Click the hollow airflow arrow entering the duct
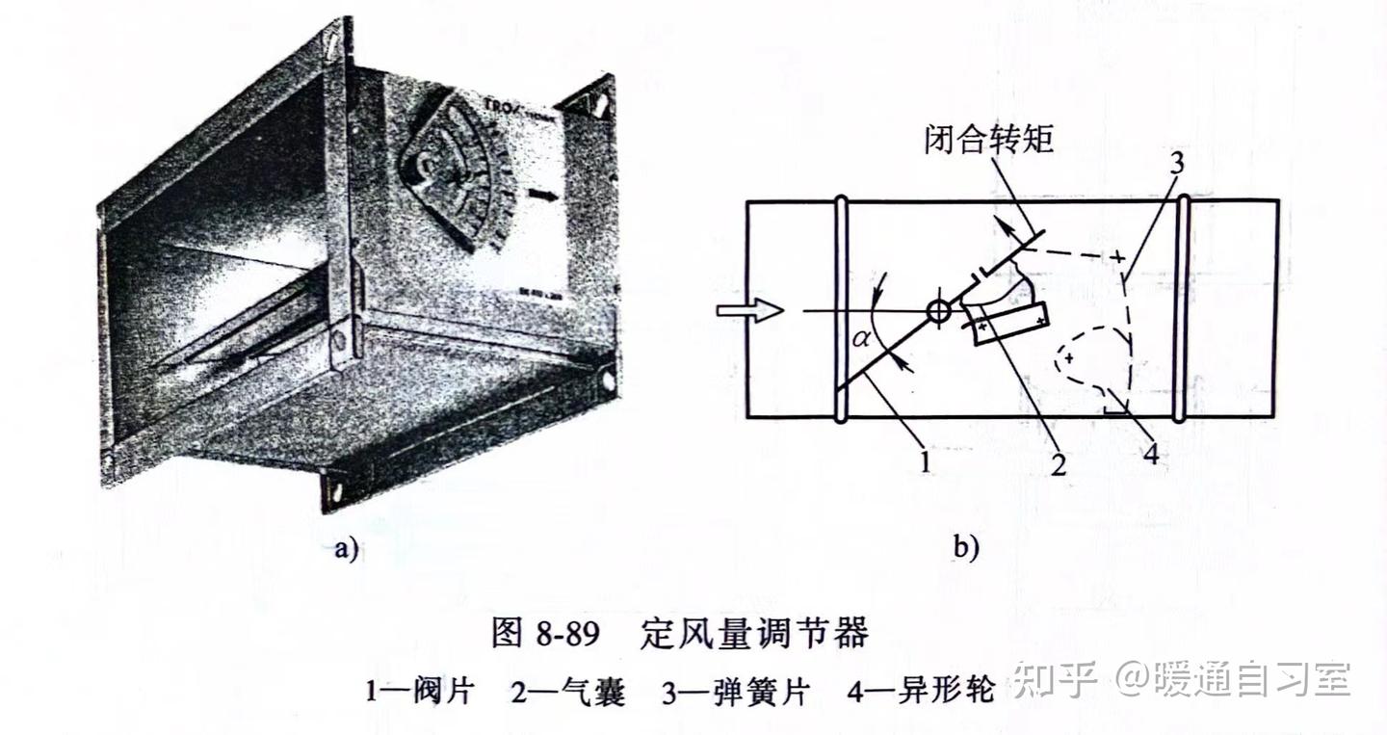pos(750,310)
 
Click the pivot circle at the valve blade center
pos(937,311)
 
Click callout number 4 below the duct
pos(1150,453)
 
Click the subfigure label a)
pos(346,549)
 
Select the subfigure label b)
pos(966,549)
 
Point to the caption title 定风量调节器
pos(753,633)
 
